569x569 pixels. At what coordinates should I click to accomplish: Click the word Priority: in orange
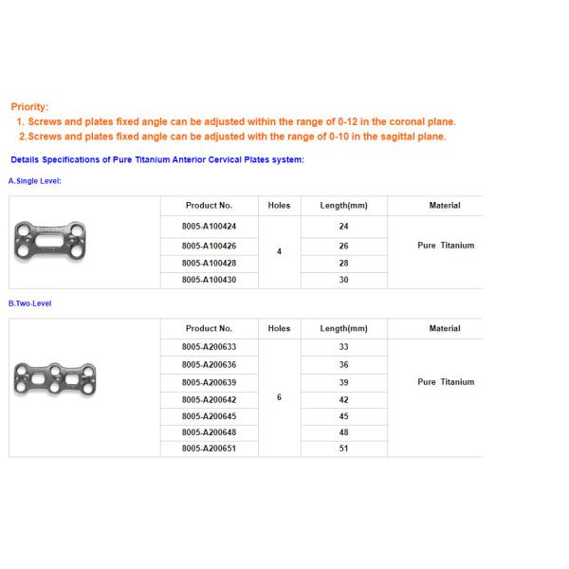click(x=29, y=107)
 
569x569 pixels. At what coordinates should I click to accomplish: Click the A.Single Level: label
click(x=35, y=180)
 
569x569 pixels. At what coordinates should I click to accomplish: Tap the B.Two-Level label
click(x=30, y=303)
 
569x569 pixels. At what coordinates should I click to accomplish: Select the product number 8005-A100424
click(x=210, y=227)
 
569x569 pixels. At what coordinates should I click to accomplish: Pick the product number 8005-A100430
click(x=210, y=280)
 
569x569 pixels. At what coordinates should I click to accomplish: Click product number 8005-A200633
click(x=210, y=347)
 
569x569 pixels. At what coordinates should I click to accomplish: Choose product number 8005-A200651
click(x=210, y=448)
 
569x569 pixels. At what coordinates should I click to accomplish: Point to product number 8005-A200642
click(x=210, y=399)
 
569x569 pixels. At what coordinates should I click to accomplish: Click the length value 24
click(x=343, y=227)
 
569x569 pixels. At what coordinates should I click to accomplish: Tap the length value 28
click(x=343, y=263)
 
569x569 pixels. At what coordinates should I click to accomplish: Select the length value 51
click(x=343, y=448)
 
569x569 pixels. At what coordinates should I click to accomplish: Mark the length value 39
click(x=343, y=382)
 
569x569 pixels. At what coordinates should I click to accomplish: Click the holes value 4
click(x=279, y=252)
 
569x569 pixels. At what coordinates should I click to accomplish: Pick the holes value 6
click(x=279, y=397)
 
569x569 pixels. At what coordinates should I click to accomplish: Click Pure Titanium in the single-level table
click(x=445, y=246)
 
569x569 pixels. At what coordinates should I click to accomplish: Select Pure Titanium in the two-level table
click(x=445, y=382)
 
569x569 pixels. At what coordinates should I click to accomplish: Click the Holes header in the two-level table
click(x=279, y=328)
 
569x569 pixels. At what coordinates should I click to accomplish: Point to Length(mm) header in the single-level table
click(x=343, y=205)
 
